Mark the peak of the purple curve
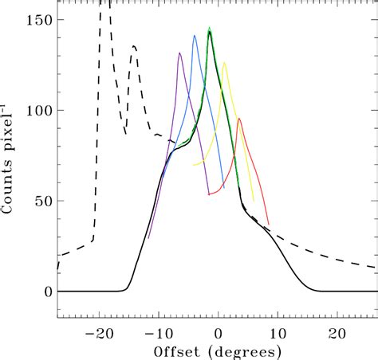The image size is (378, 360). pyautogui.click(x=180, y=53)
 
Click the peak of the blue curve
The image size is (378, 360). pyautogui.click(x=195, y=36)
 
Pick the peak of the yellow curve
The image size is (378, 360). pyautogui.click(x=224, y=62)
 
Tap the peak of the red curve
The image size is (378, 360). pyautogui.click(x=238, y=119)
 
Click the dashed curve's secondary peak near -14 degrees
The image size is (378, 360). pyautogui.click(x=134, y=46)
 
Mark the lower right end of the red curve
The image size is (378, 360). pyautogui.click(x=269, y=225)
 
